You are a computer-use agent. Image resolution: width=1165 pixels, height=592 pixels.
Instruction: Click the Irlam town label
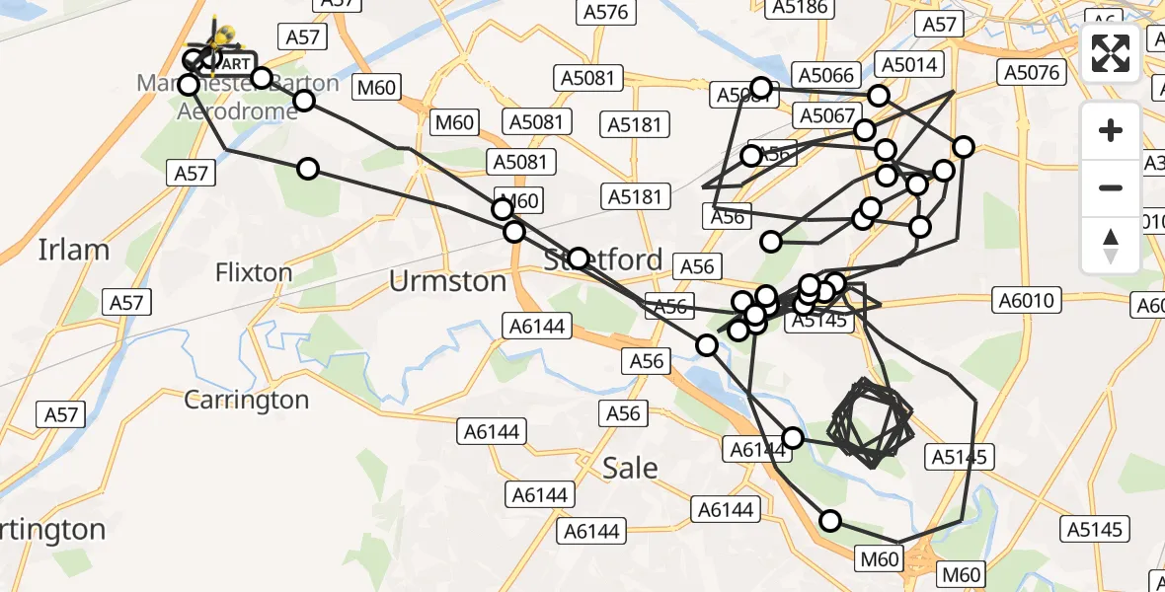(x=74, y=249)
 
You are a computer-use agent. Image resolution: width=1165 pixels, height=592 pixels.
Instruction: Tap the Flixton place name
(x=254, y=271)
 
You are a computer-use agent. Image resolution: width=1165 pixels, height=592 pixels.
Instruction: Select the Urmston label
(x=447, y=281)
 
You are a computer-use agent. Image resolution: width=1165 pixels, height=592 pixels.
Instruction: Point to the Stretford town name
(x=603, y=260)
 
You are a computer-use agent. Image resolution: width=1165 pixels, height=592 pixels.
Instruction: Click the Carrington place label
(x=247, y=400)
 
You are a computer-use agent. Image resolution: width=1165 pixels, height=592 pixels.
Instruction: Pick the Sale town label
(x=630, y=467)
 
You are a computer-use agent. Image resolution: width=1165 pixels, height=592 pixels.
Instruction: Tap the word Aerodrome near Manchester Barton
(x=237, y=111)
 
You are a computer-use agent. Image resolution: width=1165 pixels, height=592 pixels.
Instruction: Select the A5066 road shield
(x=826, y=76)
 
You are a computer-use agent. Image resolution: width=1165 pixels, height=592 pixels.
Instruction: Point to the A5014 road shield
(x=911, y=65)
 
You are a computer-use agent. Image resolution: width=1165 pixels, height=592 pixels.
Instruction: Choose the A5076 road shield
(x=1031, y=72)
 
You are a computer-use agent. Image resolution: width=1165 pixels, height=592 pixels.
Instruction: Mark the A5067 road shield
(x=826, y=115)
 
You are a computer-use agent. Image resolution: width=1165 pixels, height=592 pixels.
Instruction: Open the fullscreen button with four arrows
(x=1111, y=53)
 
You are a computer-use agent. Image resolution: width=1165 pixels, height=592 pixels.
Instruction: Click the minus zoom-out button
(x=1111, y=187)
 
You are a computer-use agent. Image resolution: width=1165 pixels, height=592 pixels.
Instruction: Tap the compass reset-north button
(x=1111, y=245)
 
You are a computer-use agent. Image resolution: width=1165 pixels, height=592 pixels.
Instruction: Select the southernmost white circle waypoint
(x=830, y=521)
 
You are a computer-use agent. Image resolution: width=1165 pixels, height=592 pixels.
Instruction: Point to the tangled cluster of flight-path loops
(x=869, y=422)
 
